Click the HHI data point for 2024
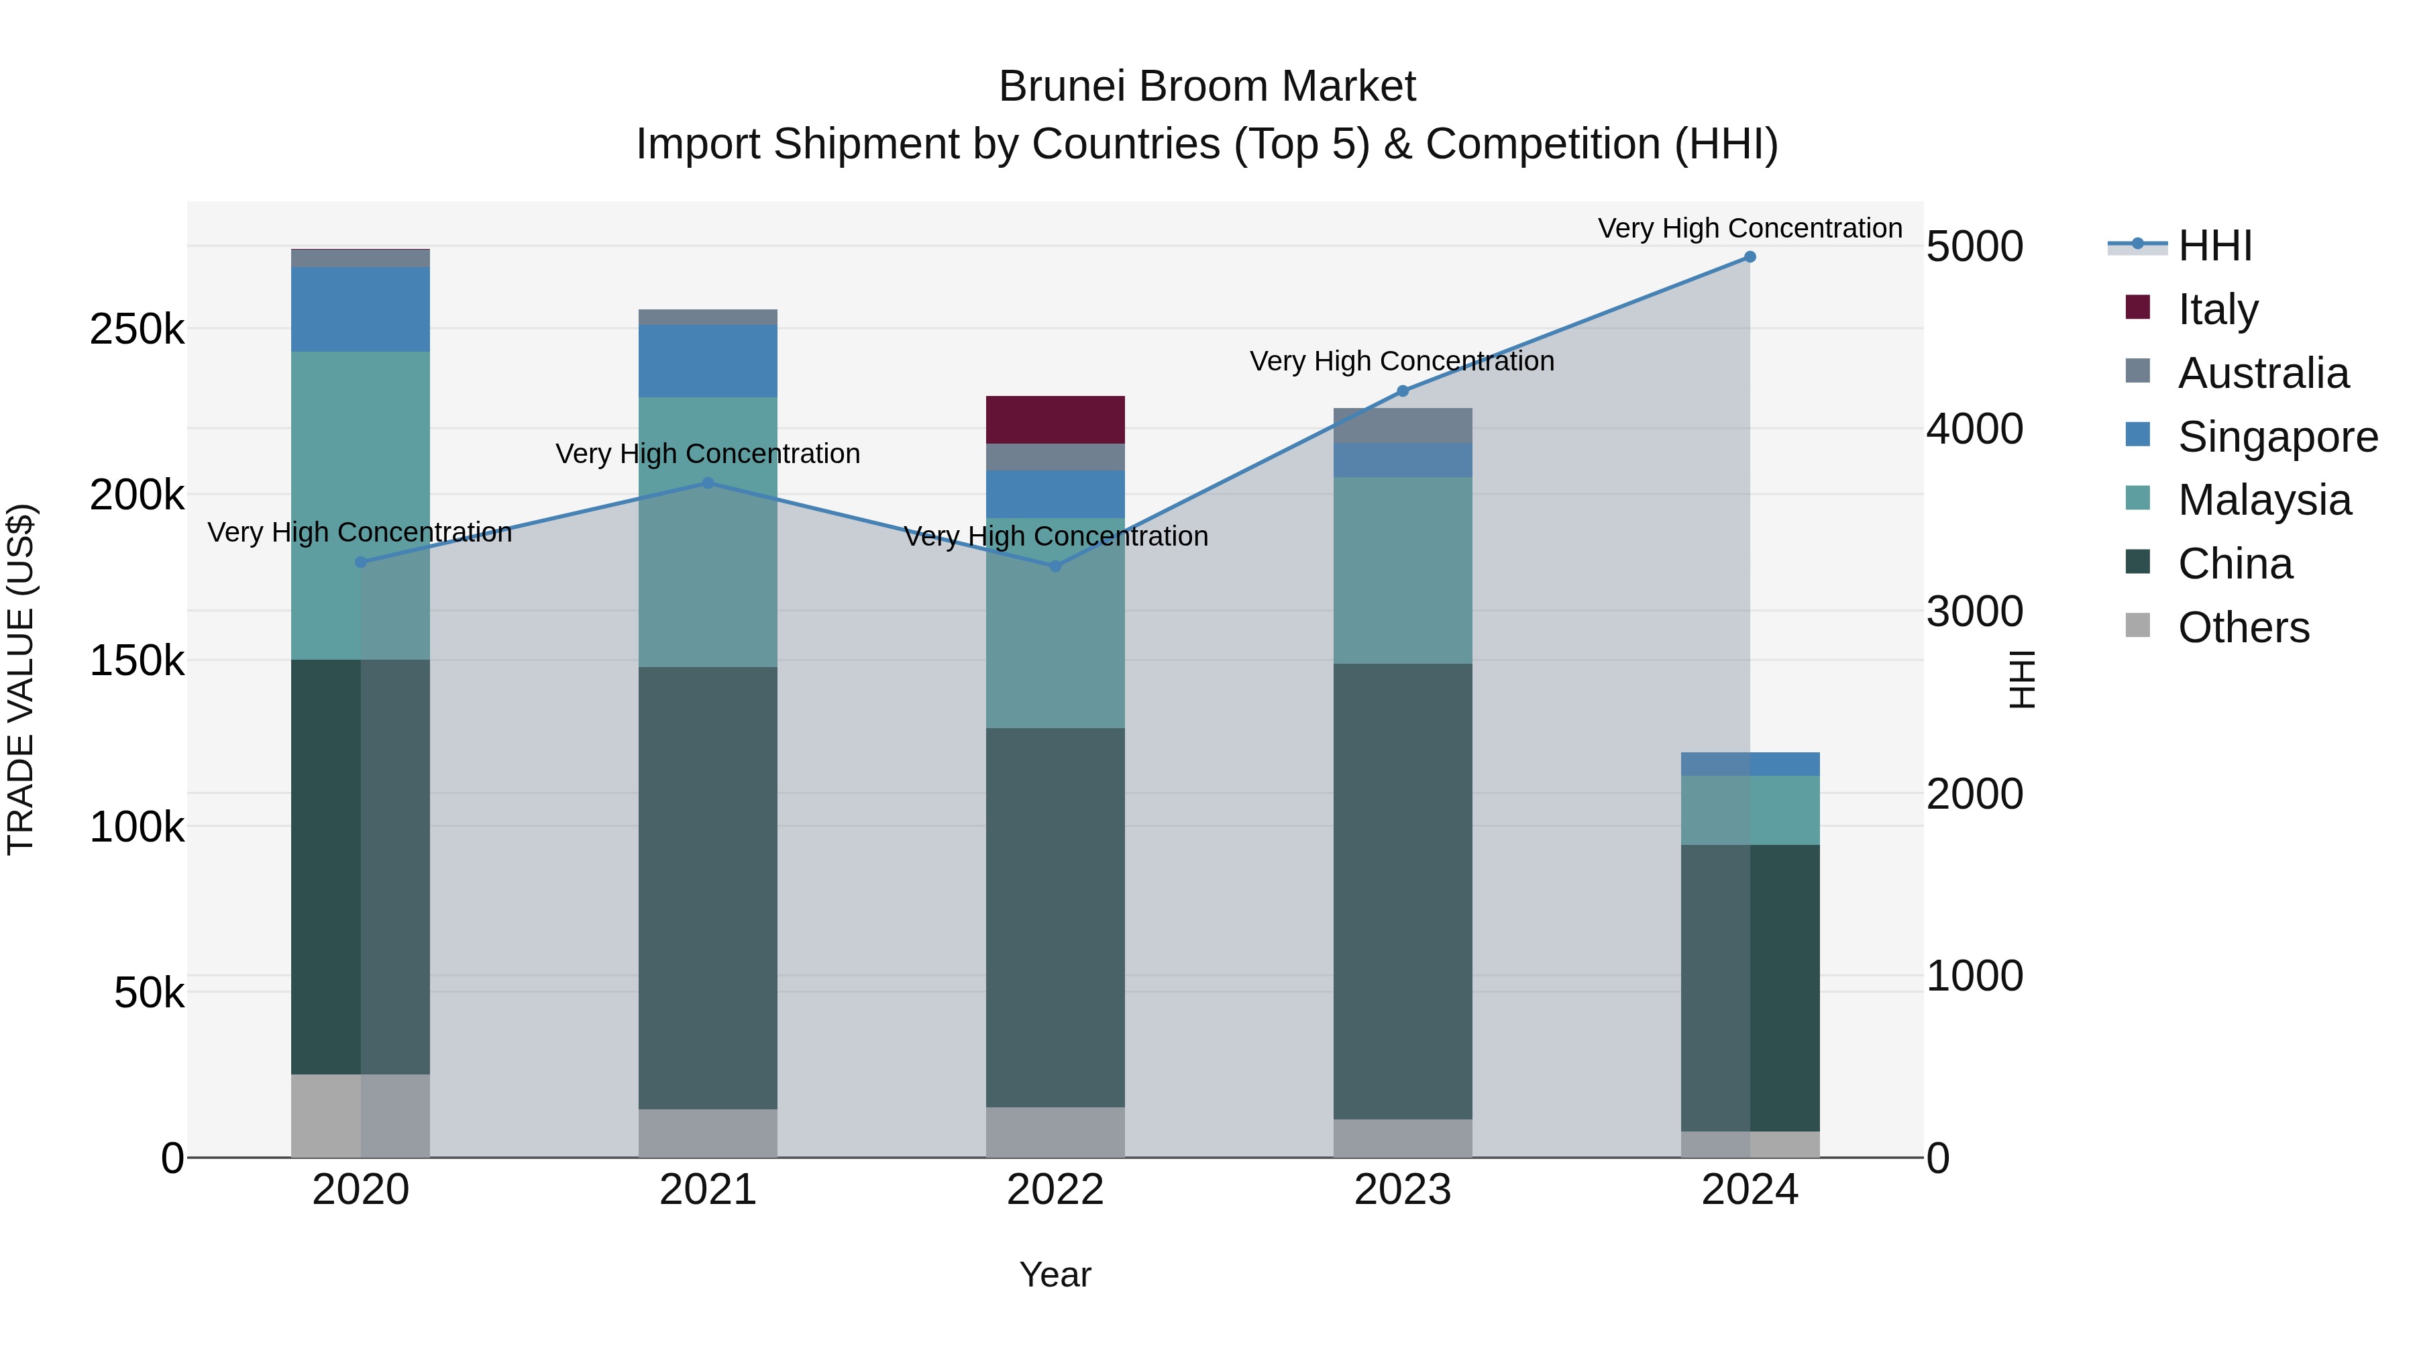click(x=1750, y=257)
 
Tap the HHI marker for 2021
click(x=708, y=483)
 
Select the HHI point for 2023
click(x=1403, y=391)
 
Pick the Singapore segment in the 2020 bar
click(x=360, y=309)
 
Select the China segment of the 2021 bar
click(x=708, y=887)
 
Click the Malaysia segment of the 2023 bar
click(x=1403, y=570)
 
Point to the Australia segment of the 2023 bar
click(x=1403, y=425)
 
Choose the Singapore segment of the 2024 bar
click(x=1750, y=764)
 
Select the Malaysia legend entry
click(x=2263, y=500)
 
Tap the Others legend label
click(x=2243, y=627)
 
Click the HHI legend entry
click(x=2214, y=246)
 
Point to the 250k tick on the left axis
click(x=137, y=330)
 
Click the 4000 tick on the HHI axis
click(x=1974, y=429)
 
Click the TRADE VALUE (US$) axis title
click(x=21, y=679)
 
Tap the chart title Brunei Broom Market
click(x=1207, y=87)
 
